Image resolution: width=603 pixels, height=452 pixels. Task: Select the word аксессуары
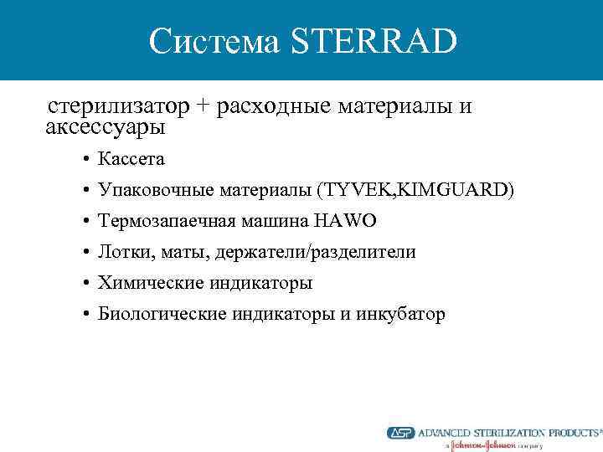(106, 128)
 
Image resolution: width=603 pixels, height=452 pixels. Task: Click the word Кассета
(131, 158)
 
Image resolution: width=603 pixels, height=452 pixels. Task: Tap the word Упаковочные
(157, 190)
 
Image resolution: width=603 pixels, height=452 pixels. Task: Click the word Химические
(147, 283)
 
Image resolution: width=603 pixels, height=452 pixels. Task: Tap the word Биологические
(158, 314)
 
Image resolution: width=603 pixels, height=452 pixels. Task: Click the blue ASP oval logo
(400, 433)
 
